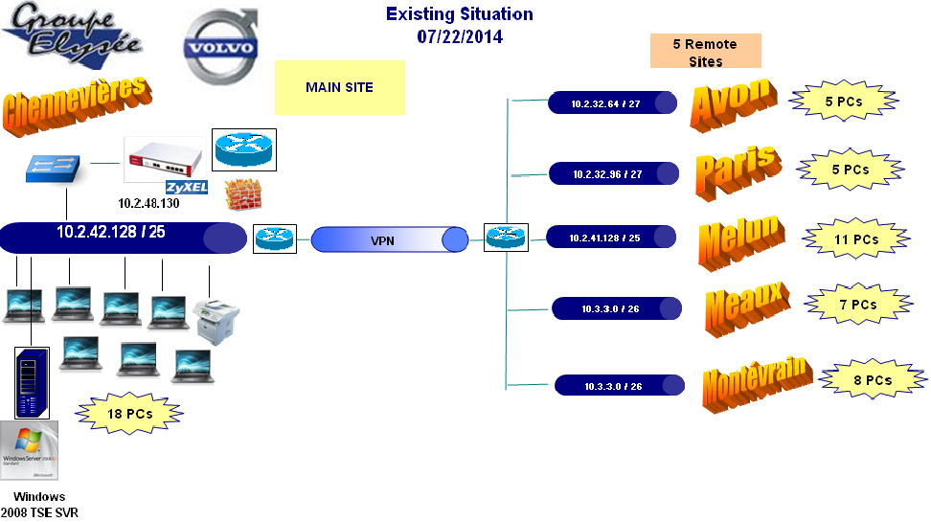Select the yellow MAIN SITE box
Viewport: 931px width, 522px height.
[340, 88]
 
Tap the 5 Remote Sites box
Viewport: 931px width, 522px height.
[705, 52]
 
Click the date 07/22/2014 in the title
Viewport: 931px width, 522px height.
[460, 36]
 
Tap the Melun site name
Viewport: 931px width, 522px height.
[740, 241]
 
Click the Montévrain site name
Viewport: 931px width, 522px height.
[757, 380]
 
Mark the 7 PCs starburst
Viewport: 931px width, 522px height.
[857, 305]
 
